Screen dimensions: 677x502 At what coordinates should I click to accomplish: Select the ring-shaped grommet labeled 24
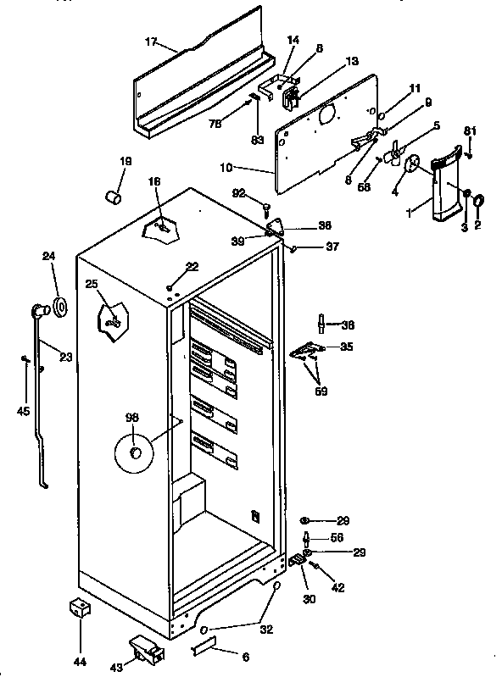tap(60, 306)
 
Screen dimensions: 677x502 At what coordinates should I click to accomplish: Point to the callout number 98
tap(131, 417)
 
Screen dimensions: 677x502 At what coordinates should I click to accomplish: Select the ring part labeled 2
tap(478, 201)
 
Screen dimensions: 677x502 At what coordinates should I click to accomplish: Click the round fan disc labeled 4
tap(415, 166)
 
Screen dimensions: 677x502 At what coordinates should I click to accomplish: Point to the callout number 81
tap(470, 130)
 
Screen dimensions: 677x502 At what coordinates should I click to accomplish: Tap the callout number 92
tap(238, 192)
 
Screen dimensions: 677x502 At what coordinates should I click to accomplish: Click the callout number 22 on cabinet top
tap(192, 266)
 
